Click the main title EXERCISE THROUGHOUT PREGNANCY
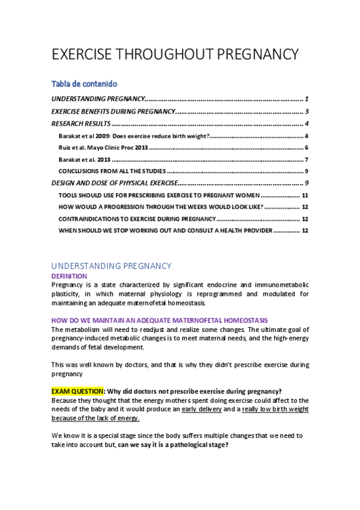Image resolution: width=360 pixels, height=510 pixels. click(x=175, y=54)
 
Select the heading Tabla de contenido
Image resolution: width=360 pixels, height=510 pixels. click(x=84, y=84)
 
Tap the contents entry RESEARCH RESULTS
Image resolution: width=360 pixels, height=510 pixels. click(x=81, y=124)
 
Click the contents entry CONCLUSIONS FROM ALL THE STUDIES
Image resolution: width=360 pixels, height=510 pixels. click(x=112, y=171)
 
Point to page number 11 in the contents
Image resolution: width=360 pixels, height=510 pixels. click(x=305, y=195)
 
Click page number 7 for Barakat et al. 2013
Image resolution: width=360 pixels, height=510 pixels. click(x=307, y=159)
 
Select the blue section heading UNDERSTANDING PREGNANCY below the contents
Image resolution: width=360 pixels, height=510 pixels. click(x=111, y=266)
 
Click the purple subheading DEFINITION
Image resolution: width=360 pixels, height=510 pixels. click(x=69, y=276)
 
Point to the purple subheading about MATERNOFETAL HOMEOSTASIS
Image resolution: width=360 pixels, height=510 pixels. click(x=159, y=320)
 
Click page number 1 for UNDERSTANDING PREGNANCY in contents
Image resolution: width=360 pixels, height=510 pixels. click(x=307, y=99)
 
